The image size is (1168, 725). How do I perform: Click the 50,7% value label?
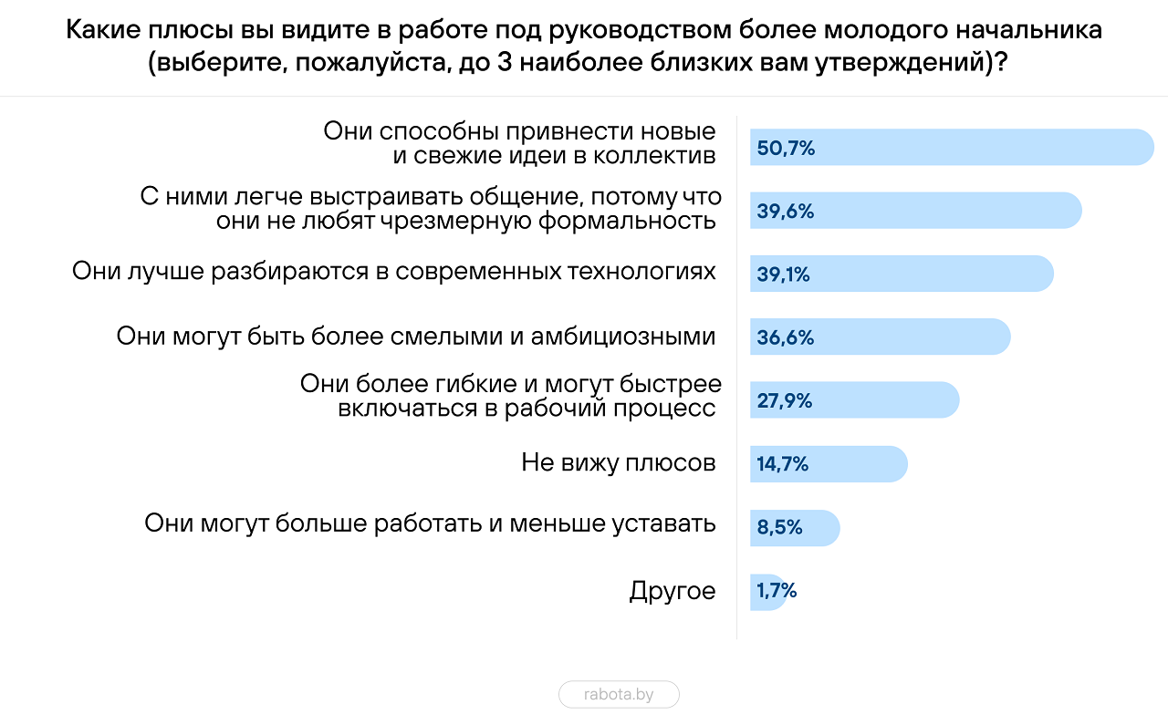tap(786, 148)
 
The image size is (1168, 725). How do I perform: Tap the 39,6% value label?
tap(786, 212)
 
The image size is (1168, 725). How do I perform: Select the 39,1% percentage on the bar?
tap(784, 274)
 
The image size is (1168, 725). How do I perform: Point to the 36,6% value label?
tap(786, 337)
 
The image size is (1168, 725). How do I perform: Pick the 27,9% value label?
tap(785, 401)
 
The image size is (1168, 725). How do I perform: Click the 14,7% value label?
tap(783, 464)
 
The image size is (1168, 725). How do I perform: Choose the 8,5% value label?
tap(779, 528)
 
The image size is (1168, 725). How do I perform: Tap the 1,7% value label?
tap(777, 591)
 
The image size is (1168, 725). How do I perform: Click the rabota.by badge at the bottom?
tap(619, 695)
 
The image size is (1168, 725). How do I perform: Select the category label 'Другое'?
tap(673, 591)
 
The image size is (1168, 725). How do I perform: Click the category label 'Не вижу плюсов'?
tap(619, 463)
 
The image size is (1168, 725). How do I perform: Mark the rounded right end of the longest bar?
tap(1144, 148)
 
